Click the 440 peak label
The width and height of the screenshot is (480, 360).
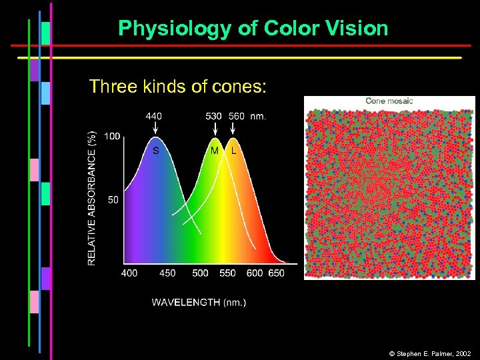tap(153, 116)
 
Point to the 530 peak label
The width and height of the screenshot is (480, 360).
tap(214, 116)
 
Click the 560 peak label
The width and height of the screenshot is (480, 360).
tap(236, 116)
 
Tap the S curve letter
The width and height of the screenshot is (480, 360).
tap(156, 151)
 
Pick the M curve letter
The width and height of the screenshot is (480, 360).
tap(215, 151)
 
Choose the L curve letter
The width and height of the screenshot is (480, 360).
tap(233, 151)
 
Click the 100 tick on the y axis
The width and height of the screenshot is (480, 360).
tap(112, 137)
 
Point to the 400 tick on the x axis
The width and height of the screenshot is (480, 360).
tap(130, 273)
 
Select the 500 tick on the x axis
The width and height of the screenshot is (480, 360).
tap(200, 273)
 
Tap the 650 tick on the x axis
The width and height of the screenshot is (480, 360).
tap(276, 273)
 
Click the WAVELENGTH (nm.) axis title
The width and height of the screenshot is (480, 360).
tap(199, 303)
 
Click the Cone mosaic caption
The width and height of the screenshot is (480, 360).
tap(389, 101)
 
